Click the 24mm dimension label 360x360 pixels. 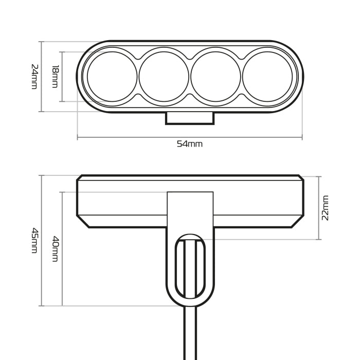(34, 77)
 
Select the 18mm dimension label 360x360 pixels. (55, 77)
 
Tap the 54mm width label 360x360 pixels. (190, 144)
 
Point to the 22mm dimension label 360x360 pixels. (325, 207)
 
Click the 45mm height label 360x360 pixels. (34, 240)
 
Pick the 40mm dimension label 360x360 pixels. (55, 249)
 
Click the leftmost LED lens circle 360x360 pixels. (112, 77)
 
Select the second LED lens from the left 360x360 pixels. (164, 77)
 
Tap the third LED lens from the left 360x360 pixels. (215, 77)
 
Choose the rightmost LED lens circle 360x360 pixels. (267, 77)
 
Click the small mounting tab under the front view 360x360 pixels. (190, 118)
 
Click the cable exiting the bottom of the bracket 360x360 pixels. (190, 334)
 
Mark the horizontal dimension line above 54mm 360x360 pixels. (190, 137)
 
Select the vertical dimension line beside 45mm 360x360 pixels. (41, 240)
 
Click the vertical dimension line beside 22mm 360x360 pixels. (319, 207)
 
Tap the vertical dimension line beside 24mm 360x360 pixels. (41, 77)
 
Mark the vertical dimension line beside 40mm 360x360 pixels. (62, 249)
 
